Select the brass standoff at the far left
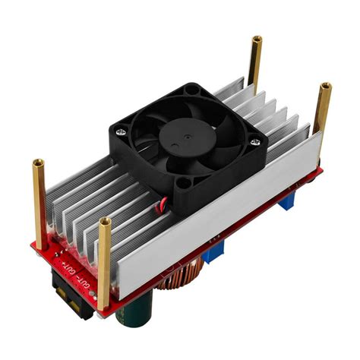tap(39, 201)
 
